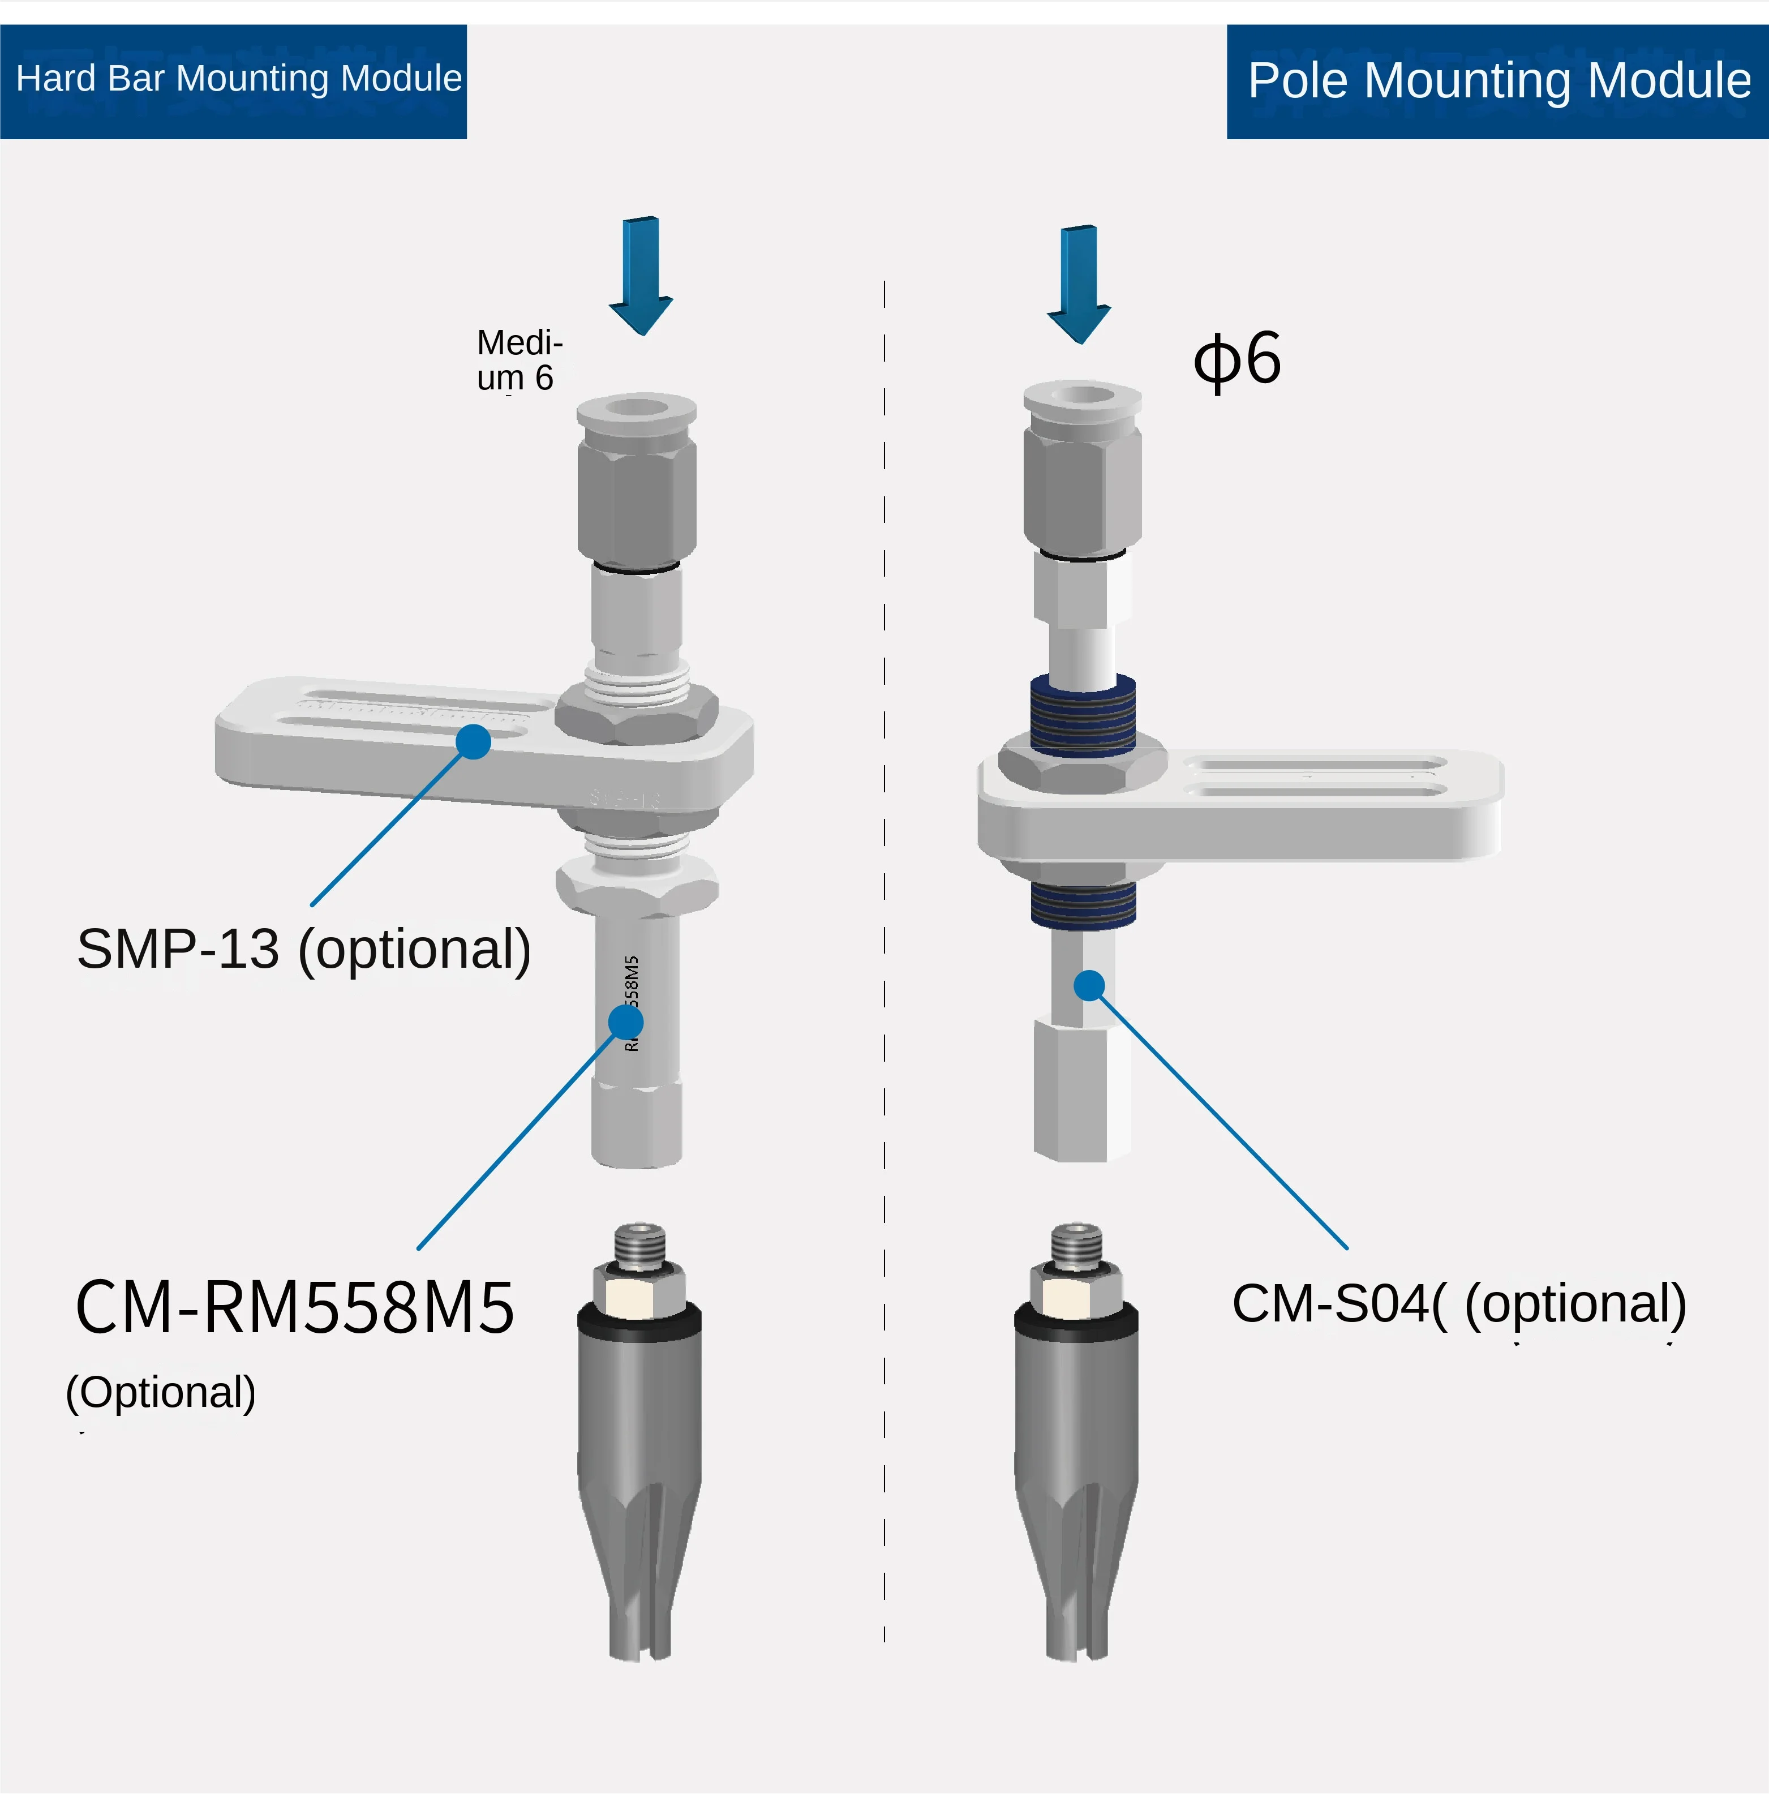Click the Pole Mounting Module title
(1498, 81)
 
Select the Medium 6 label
(518, 360)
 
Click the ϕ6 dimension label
(1237, 360)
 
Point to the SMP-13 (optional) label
(304, 949)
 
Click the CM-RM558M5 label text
(294, 1307)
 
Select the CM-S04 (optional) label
(1458, 1304)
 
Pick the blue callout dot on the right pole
(1089, 985)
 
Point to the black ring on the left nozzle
(639, 1319)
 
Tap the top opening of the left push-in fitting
(637, 407)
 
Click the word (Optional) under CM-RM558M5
(161, 1393)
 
